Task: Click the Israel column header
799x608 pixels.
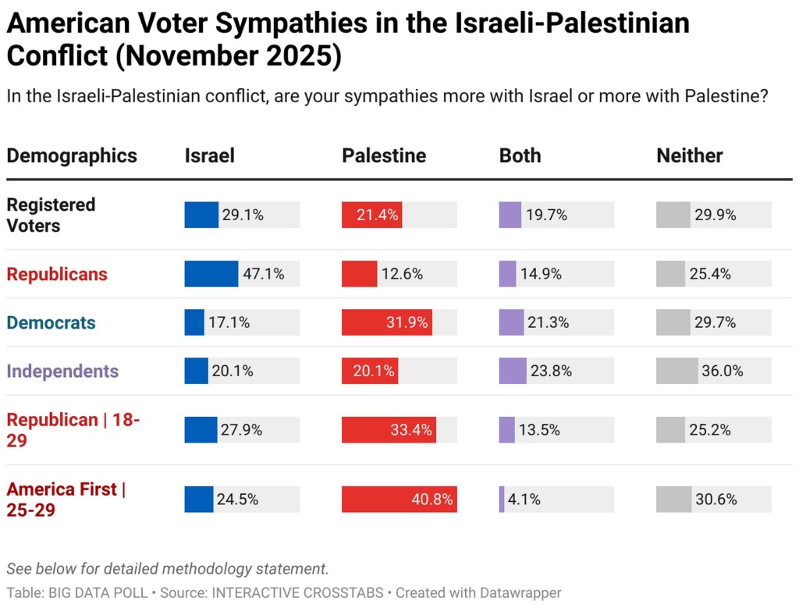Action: (209, 155)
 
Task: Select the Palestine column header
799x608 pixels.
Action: (384, 155)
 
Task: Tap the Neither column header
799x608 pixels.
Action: (689, 155)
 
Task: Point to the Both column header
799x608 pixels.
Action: (520, 155)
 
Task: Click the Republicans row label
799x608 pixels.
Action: (57, 274)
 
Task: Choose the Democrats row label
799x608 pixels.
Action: (51, 322)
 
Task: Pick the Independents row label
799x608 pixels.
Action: (62, 371)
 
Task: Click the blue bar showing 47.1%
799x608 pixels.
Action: (211, 274)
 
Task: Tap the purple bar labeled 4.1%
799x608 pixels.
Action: (502, 500)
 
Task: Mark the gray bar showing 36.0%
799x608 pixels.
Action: (676, 371)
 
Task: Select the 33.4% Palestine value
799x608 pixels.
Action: (410, 430)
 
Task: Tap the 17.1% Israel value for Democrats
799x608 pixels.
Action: (229, 322)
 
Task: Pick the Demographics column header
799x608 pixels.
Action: (72, 155)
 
